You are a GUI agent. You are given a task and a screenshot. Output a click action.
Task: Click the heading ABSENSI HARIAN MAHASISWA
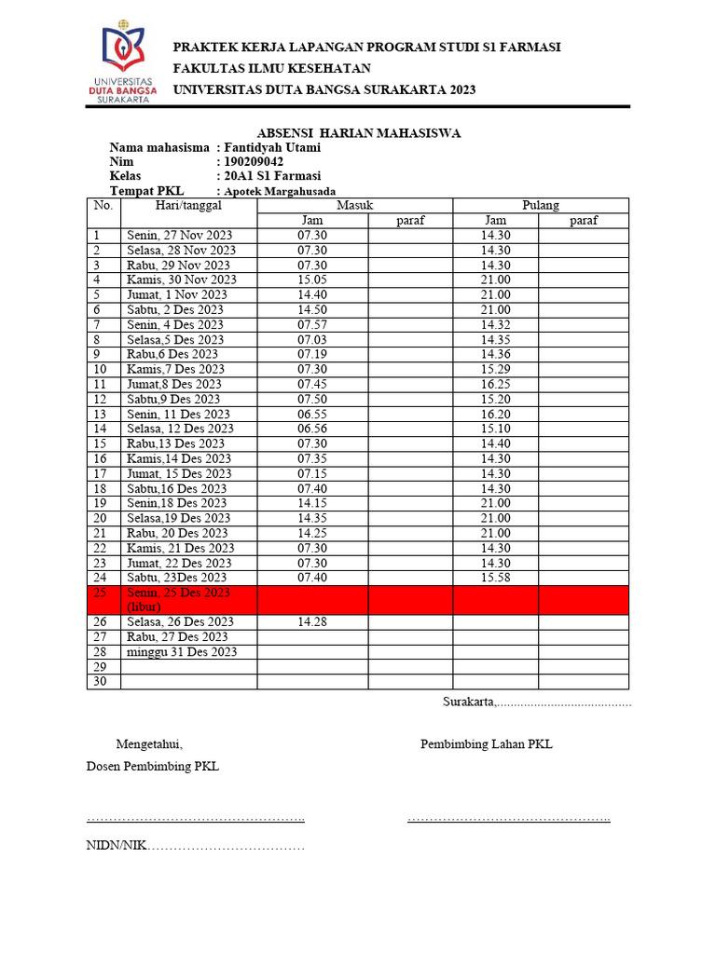(x=358, y=133)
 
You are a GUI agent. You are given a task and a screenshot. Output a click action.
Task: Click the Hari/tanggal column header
(x=188, y=205)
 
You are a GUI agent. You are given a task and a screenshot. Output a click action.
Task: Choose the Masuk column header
(x=354, y=205)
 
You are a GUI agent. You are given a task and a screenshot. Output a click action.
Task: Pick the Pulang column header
(x=541, y=205)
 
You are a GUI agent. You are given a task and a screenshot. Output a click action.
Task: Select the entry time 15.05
(x=312, y=279)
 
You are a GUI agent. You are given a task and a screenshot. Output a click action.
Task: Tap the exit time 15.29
(x=495, y=369)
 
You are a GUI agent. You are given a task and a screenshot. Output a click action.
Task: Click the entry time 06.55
(x=312, y=414)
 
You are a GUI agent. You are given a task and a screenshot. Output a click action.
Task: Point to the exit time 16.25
(x=495, y=384)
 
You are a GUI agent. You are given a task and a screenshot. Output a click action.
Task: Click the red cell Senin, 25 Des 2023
(x=178, y=599)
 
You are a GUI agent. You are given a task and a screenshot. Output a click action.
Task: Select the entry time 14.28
(x=312, y=621)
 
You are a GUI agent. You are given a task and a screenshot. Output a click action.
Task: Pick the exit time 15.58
(x=495, y=578)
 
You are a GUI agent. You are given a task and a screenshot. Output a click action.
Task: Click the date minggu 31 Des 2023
(x=182, y=651)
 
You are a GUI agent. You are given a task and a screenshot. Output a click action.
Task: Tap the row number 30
(x=102, y=682)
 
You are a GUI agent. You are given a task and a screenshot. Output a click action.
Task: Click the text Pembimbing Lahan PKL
(x=486, y=744)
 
